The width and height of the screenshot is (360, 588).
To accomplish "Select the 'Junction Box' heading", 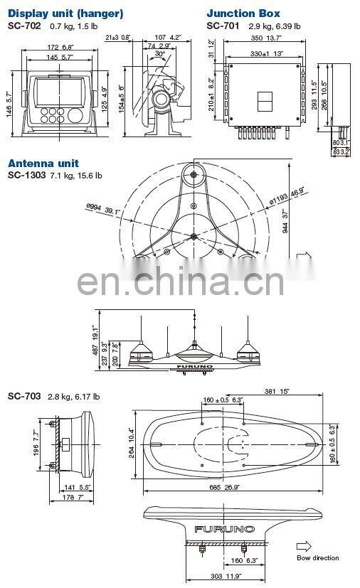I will coord(243,13).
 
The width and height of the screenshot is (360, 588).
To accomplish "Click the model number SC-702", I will coord(23,26).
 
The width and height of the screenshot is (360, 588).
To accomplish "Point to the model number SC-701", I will coord(221,26).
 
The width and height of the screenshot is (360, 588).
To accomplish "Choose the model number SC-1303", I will coord(26,175).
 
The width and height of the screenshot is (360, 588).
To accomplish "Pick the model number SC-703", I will coord(23,396).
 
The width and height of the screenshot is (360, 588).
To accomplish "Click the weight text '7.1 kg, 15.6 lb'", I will coord(76,175).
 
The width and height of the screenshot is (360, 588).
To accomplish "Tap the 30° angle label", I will coord(160,55).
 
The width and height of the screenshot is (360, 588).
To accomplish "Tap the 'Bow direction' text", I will coord(318,558).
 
